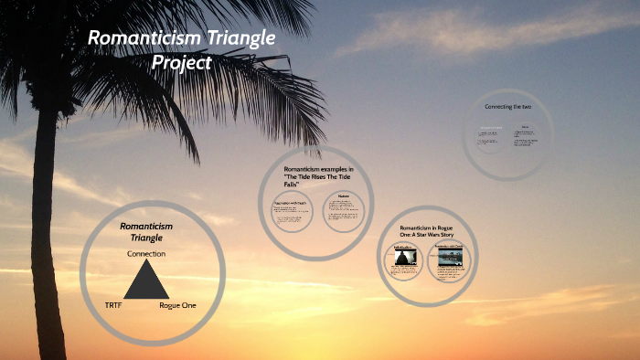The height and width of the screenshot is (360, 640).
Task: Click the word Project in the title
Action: click(x=183, y=63)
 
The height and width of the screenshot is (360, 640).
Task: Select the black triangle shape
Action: click(x=146, y=281)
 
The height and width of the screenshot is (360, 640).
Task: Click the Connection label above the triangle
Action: click(x=146, y=253)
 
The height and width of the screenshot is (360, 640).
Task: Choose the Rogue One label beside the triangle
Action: click(x=177, y=304)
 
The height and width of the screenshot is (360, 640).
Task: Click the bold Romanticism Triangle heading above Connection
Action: click(x=146, y=230)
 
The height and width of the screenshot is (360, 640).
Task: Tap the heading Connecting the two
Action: click(x=507, y=107)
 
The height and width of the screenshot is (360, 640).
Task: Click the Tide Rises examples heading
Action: click(x=317, y=177)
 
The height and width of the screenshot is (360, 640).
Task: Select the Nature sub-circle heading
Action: click(x=344, y=195)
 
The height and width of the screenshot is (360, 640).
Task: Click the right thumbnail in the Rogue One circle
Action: click(x=448, y=259)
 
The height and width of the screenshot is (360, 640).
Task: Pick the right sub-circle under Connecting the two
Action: click(x=526, y=136)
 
